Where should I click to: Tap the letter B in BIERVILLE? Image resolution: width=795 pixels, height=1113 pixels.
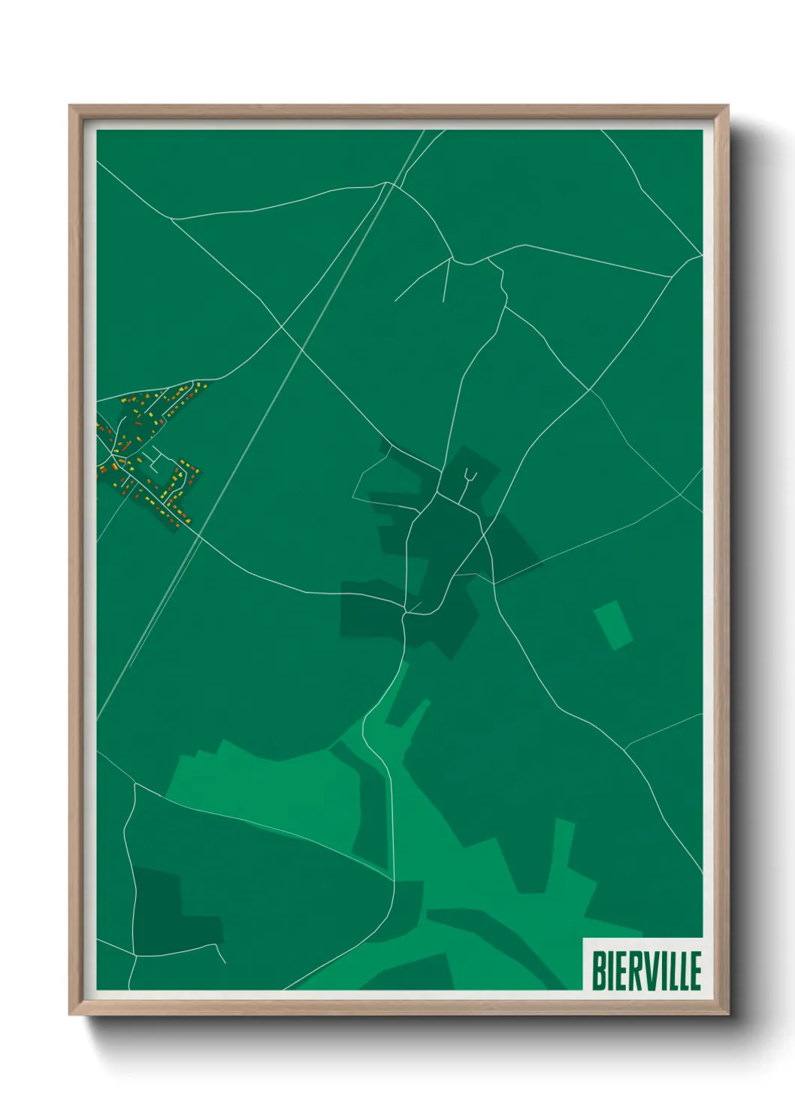[599, 970]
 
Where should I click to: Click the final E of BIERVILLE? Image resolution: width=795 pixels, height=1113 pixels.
[694, 970]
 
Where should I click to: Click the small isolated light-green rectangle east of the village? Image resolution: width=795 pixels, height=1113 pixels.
[613, 625]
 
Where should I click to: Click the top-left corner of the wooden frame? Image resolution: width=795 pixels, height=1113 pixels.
[72, 107]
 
